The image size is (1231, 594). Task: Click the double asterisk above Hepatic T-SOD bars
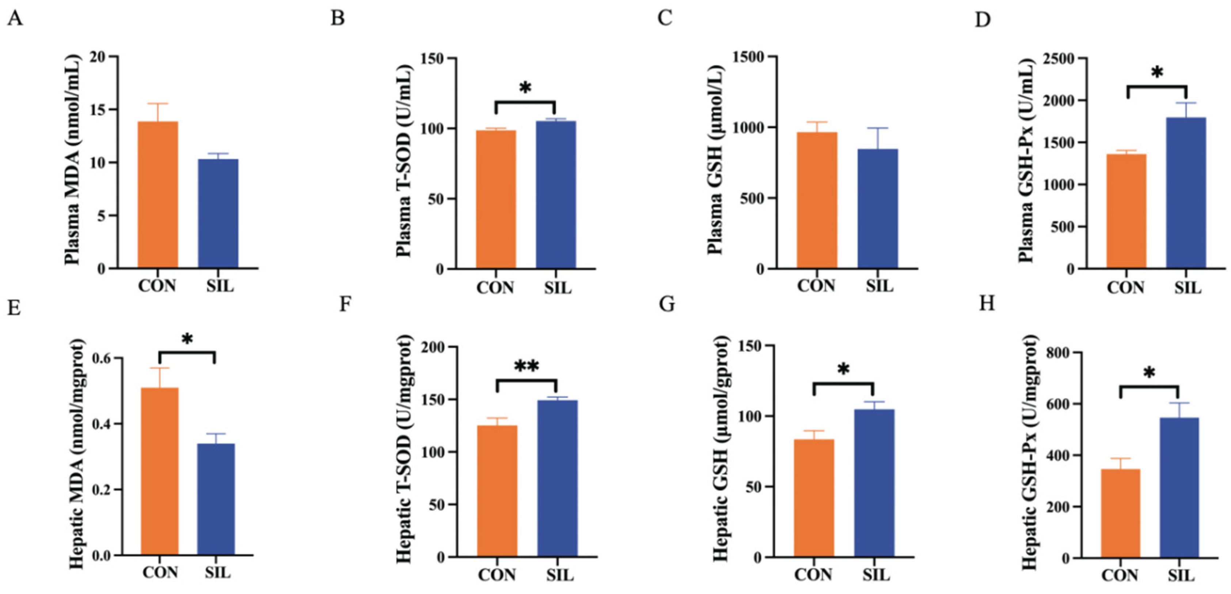[x=526, y=367]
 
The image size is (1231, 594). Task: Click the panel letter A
[x=15, y=19]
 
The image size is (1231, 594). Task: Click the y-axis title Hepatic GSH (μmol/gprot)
[x=721, y=448]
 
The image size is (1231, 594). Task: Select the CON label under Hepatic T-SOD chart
[x=497, y=574]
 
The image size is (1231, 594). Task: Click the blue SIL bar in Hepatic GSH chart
[x=874, y=483]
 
